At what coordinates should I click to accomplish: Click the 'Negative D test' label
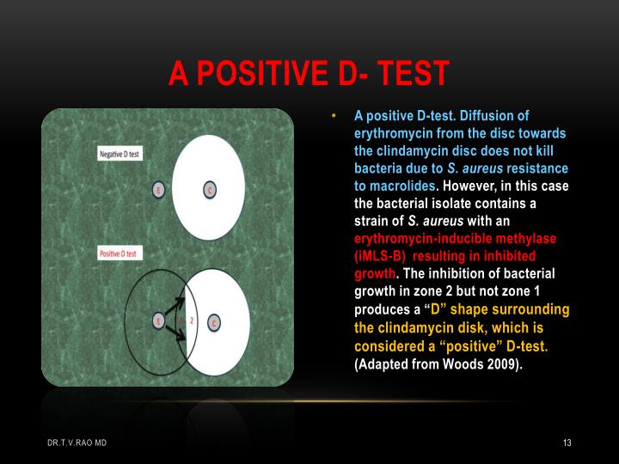click(120, 154)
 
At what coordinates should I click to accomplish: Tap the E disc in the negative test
click(157, 189)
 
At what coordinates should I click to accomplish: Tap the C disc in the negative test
click(209, 189)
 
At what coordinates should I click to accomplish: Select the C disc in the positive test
click(213, 322)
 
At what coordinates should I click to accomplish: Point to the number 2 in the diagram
click(192, 319)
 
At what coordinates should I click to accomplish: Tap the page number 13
click(567, 443)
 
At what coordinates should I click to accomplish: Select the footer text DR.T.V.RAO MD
click(77, 443)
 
